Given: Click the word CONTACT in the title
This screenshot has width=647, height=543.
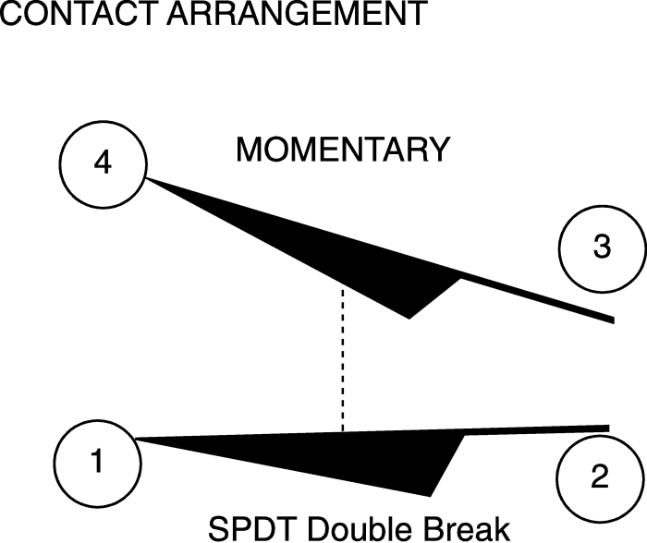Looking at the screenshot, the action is (x=79, y=12).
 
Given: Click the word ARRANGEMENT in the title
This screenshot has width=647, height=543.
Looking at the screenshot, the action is (x=297, y=12).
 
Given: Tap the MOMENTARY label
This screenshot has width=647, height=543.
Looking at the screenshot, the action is (x=343, y=150).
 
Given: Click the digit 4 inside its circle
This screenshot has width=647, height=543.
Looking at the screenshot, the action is (x=103, y=163).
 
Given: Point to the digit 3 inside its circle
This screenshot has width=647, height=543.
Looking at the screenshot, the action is (x=602, y=247).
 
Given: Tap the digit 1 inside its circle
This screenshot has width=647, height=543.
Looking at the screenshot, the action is (x=97, y=461).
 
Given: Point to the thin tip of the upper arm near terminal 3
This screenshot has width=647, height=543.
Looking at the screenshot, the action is (x=614, y=320).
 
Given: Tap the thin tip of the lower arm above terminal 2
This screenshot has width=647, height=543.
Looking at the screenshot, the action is (x=608, y=428).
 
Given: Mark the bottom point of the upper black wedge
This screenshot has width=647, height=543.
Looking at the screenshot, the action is (x=409, y=319).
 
